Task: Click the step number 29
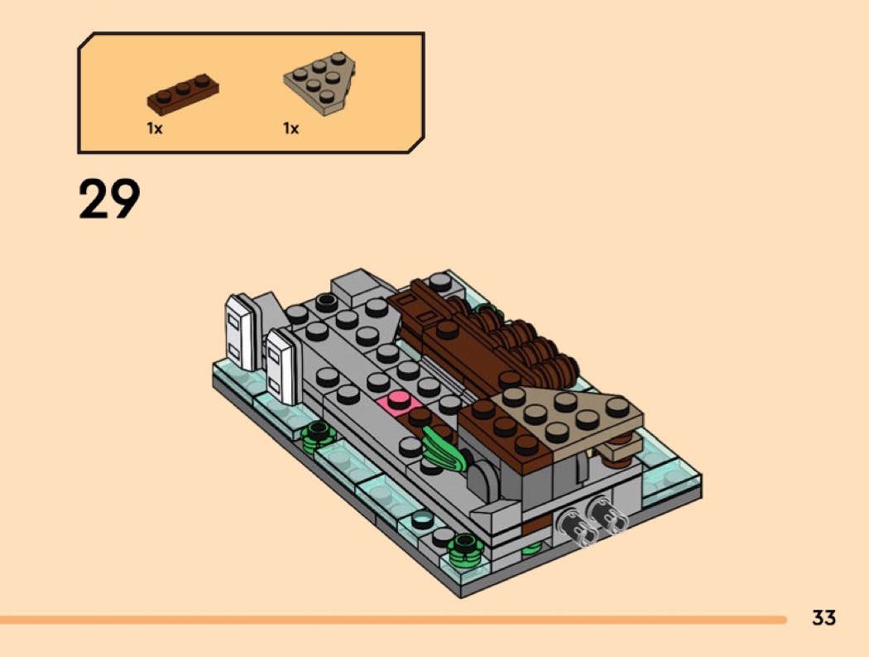pos(109,199)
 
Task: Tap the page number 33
pos(823,617)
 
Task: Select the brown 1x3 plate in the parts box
pos(183,95)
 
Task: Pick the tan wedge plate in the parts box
pos(320,83)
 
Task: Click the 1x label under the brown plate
pos(155,128)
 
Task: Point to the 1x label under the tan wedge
pos(291,128)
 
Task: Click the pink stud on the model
pos(397,401)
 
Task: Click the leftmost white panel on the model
pos(239,332)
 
